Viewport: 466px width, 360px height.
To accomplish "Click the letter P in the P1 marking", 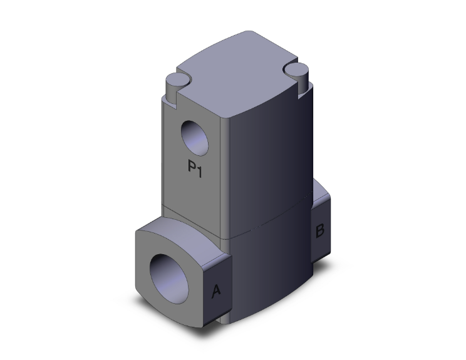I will [192, 168].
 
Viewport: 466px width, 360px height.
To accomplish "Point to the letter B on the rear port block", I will [319, 230].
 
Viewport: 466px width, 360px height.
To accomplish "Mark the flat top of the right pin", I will [295, 68].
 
